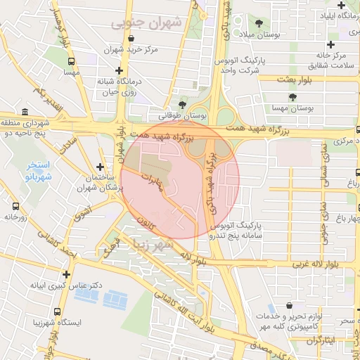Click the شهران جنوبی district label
pos(145,22)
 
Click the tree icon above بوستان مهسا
pos(292,97)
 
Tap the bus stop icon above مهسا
pos(70,61)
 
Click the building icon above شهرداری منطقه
pos(25,112)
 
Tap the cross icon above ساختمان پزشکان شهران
pos(101,167)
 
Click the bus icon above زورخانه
pos(15,207)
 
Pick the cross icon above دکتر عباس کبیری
pos(66,275)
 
